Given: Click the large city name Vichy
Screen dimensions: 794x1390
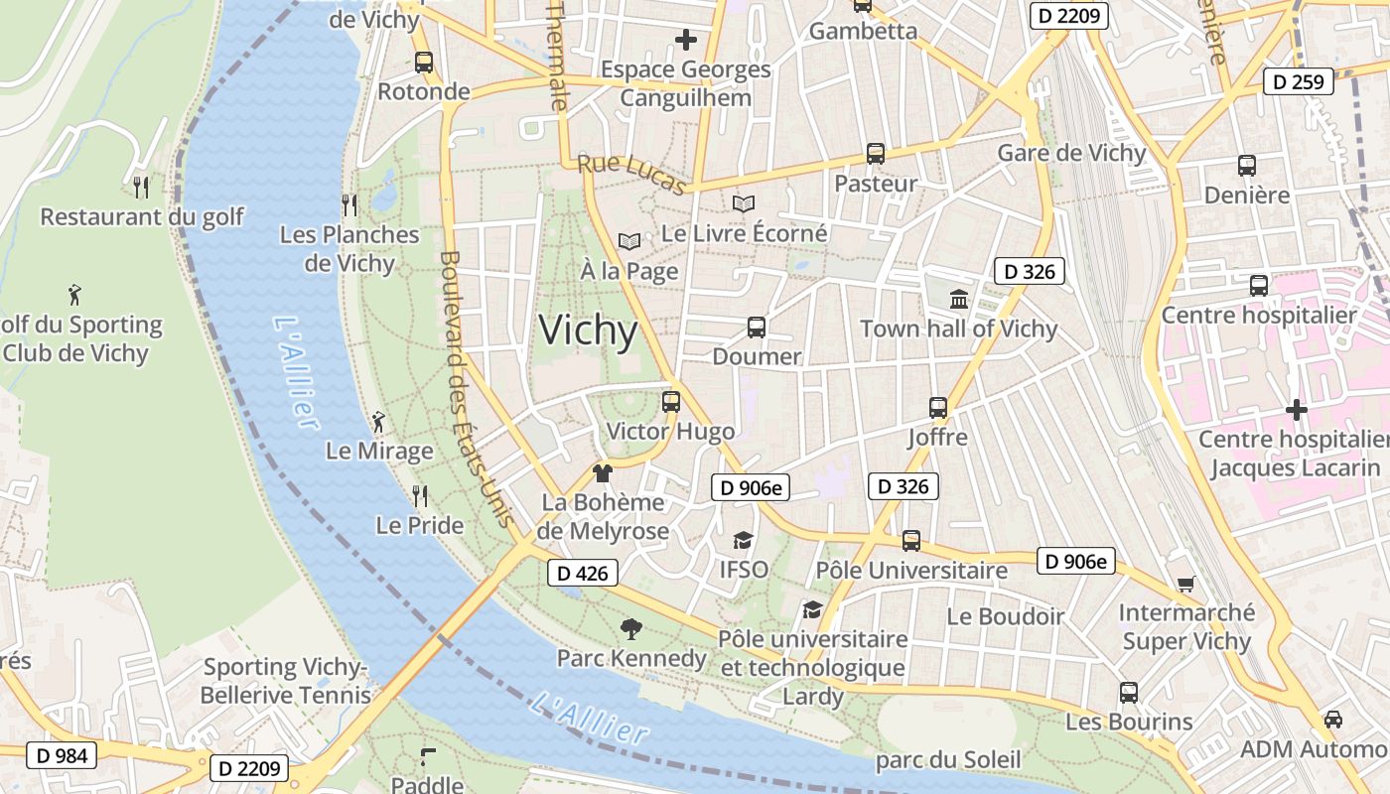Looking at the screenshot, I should pos(588,331).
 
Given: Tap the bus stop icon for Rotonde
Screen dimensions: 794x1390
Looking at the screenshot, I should pos(424,63).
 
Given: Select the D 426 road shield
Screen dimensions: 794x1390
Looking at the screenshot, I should pos(582,573).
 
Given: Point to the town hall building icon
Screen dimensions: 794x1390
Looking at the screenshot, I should pos(959,299).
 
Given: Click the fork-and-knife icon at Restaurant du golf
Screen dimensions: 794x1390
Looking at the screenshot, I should pos(141,187).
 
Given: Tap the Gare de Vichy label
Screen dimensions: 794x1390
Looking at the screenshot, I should pos(1071,153).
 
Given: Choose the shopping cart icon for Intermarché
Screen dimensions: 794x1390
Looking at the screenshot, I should pos(1185,584).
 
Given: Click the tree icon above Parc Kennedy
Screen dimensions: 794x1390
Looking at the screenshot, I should pos(630,628).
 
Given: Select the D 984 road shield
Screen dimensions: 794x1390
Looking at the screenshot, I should pos(62,755).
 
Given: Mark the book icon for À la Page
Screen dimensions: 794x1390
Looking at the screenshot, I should pos(629,241).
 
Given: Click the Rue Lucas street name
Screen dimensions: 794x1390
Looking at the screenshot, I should pos(631,175).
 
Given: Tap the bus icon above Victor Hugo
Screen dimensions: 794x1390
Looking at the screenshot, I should pos(671,402).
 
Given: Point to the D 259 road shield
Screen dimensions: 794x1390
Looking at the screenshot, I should pos(1298,81).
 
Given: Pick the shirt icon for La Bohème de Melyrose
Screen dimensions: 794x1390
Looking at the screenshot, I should pos(602,473).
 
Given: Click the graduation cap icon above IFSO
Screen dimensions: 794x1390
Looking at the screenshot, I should pos(743,540).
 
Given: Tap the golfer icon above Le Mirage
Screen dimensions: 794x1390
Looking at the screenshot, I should pos(378,423).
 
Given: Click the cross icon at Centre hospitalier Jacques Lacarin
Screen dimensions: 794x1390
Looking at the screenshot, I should pos(1296,409).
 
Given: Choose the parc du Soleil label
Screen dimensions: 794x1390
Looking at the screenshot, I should pos(947,760).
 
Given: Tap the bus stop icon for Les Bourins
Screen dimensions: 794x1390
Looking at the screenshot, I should pos(1129,693).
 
